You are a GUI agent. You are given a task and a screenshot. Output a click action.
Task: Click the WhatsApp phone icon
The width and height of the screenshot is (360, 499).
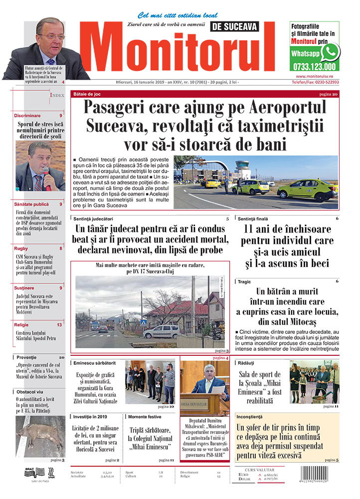[x=330, y=52]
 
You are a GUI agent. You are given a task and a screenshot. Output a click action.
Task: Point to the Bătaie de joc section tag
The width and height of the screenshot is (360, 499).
[x=87, y=94]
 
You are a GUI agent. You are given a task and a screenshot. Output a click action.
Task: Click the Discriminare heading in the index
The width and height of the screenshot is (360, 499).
[x=27, y=115]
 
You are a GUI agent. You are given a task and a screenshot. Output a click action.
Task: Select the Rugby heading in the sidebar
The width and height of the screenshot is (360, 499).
[x=21, y=248]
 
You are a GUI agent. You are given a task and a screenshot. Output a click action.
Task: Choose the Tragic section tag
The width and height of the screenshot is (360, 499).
[x=244, y=281]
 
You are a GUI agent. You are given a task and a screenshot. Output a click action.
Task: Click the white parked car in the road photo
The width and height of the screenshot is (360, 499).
[x=162, y=331]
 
